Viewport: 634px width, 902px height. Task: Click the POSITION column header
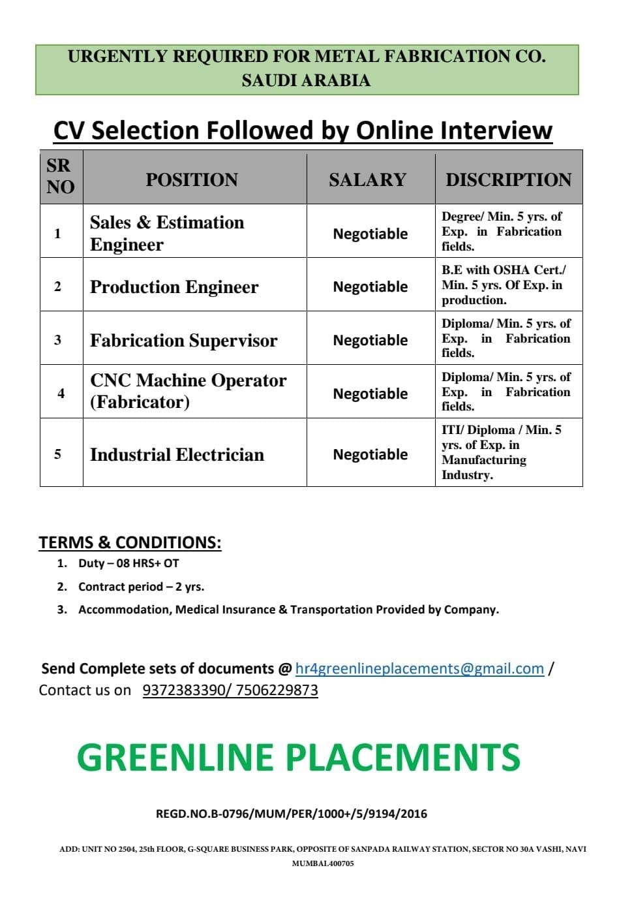pyautogui.click(x=192, y=179)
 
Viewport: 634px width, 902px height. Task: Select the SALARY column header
pyautogui.click(x=367, y=179)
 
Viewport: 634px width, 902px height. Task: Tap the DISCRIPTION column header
pyautogui.click(x=508, y=179)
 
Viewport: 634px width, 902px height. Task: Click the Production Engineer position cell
pyautogui.click(x=174, y=287)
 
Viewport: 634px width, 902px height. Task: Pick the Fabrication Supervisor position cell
pyautogui.click(x=183, y=340)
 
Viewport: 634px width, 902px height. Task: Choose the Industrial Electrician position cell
pyautogui.click(x=177, y=454)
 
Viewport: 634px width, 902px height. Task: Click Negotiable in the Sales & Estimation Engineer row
pyautogui.click(x=370, y=234)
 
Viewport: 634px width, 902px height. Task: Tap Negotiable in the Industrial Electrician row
pyautogui.click(x=370, y=454)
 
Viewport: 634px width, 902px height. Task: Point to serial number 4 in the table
pyautogui.click(x=61, y=393)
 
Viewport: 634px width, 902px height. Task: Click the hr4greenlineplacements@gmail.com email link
pyautogui.click(x=419, y=668)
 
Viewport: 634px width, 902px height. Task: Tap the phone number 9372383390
pyautogui.click(x=183, y=690)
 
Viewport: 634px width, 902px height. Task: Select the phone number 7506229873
pyautogui.click(x=277, y=690)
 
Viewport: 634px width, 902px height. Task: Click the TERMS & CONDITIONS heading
pyautogui.click(x=130, y=542)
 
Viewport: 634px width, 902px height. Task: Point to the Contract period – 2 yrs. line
pyautogui.click(x=141, y=587)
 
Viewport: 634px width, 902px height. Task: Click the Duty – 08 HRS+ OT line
pyautogui.click(x=128, y=563)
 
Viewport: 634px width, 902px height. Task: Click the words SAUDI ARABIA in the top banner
pyautogui.click(x=306, y=80)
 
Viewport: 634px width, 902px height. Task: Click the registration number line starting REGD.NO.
pyautogui.click(x=292, y=813)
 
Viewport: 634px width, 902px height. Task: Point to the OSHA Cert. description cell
pyautogui.click(x=504, y=285)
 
